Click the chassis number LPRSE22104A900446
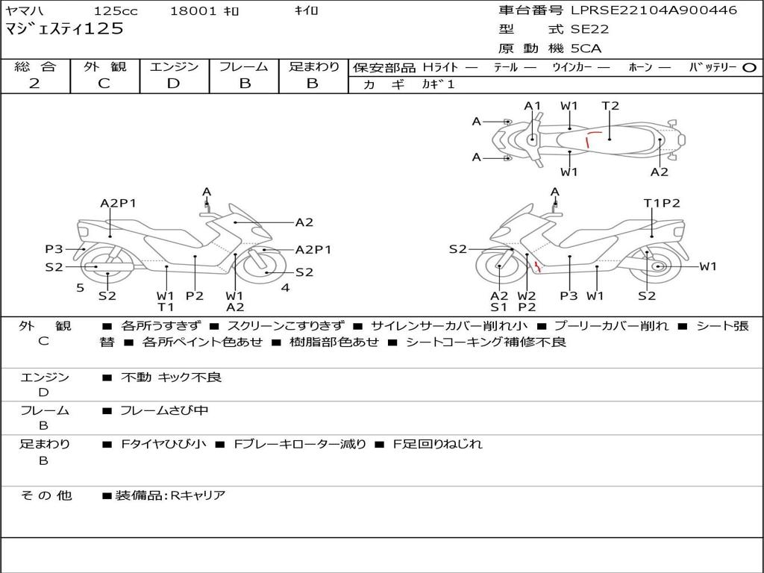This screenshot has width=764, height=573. (x=654, y=10)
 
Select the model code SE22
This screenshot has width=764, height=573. (x=589, y=29)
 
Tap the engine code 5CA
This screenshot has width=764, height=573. (x=586, y=48)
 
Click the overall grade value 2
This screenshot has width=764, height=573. (x=34, y=84)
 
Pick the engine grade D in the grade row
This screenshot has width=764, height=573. (x=173, y=84)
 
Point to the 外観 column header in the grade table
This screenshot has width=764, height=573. (x=104, y=66)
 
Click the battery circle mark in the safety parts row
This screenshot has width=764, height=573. (x=749, y=68)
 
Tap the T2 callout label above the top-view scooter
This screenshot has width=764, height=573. (x=610, y=106)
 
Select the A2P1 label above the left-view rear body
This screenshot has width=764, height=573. (x=119, y=203)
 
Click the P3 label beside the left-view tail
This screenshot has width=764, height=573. (x=54, y=249)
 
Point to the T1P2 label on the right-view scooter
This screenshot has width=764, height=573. (x=662, y=203)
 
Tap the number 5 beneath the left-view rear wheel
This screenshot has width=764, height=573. (x=81, y=288)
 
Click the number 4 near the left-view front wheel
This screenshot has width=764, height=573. (x=286, y=288)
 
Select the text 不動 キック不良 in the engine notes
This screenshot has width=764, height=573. (x=171, y=377)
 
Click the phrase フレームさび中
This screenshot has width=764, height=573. (x=164, y=411)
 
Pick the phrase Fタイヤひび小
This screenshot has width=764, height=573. (x=163, y=445)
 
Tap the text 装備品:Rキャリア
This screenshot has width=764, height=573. (x=170, y=495)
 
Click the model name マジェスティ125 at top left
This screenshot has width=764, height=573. (x=64, y=29)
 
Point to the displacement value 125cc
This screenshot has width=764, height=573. (x=116, y=10)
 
